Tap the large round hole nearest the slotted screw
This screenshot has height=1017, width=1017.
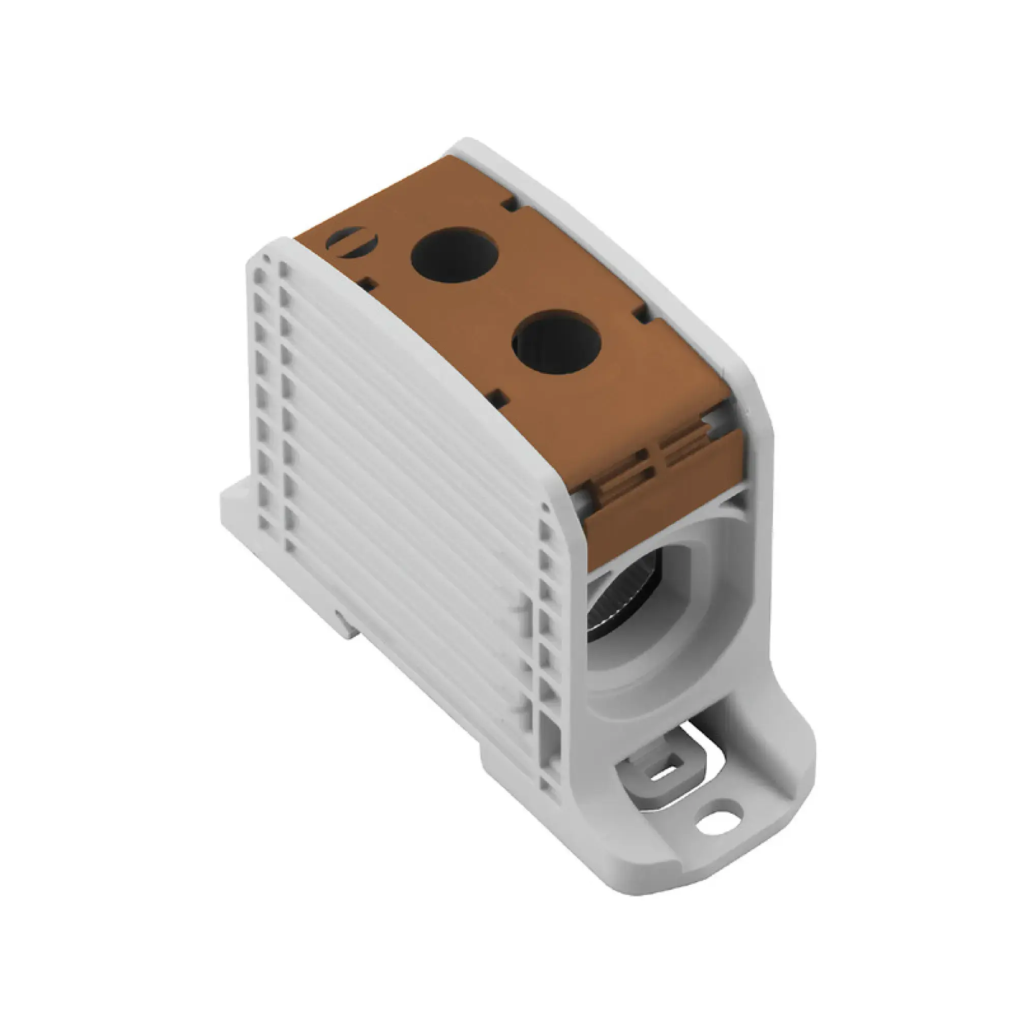tap(454, 254)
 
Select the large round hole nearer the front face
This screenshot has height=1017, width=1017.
tap(556, 342)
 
